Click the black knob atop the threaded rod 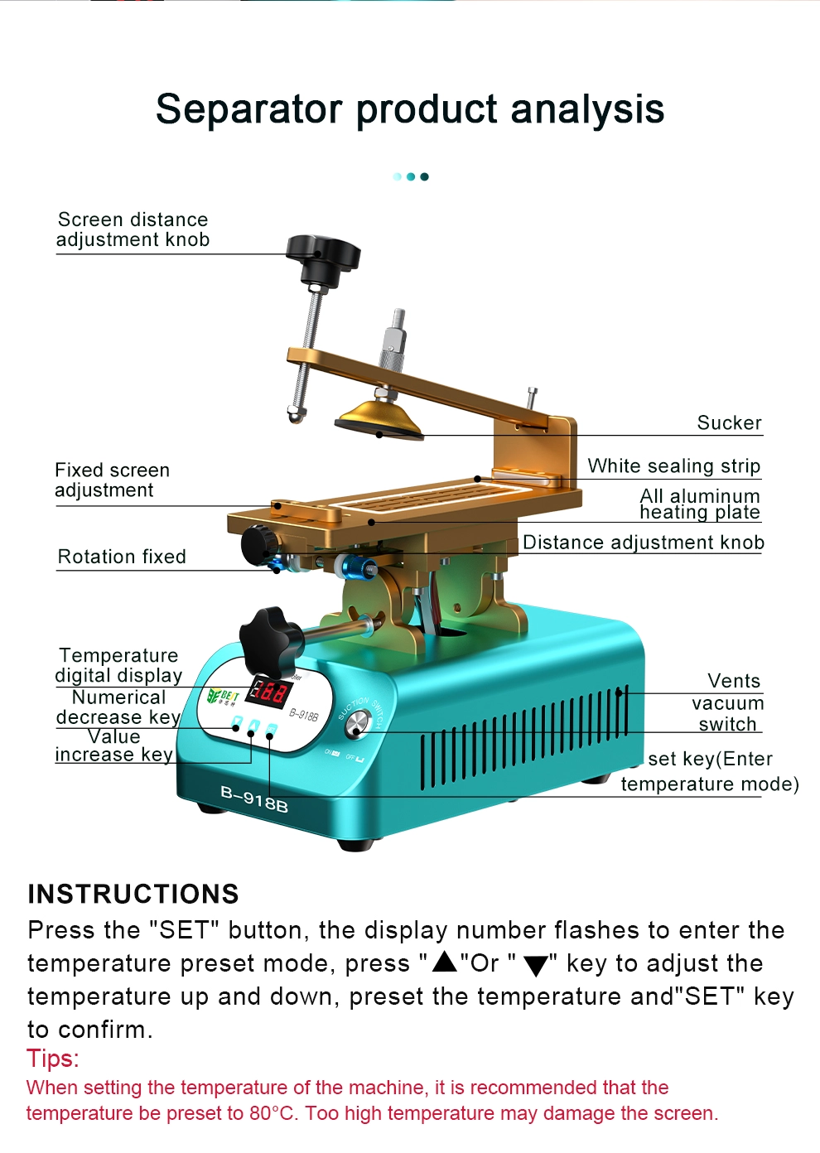click(323, 258)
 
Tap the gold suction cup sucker click(379, 419)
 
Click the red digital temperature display click(266, 692)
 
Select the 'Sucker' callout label click(729, 422)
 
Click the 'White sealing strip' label click(674, 466)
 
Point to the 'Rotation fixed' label click(122, 557)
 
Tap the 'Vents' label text click(734, 681)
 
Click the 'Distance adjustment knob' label click(644, 542)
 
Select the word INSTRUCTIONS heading click(133, 894)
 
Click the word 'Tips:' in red click(52, 1059)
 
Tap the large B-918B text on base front click(254, 798)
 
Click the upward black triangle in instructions click(445, 961)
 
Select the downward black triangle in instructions click(536, 966)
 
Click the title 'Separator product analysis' click(410, 109)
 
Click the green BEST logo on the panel click(222, 696)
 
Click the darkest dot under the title click(424, 176)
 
